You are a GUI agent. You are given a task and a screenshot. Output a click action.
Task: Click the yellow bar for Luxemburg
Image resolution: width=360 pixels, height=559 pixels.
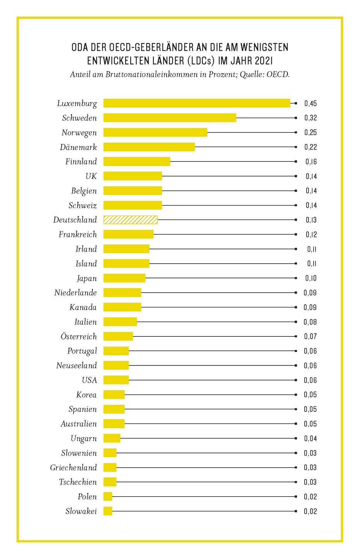click(197, 103)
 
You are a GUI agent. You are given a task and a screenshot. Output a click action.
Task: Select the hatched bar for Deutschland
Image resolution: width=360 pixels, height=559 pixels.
click(130, 220)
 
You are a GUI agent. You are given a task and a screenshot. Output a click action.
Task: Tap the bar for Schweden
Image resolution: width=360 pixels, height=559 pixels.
click(170, 118)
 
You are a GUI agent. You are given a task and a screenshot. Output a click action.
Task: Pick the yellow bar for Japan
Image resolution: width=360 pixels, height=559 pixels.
click(124, 278)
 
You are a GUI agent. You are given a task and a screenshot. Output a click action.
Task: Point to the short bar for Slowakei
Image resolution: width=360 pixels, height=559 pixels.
click(108, 511)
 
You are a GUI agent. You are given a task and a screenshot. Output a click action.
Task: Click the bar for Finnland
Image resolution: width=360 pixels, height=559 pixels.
click(137, 161)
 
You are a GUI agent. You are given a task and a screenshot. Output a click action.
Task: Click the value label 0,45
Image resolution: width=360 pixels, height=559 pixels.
click(310, 103)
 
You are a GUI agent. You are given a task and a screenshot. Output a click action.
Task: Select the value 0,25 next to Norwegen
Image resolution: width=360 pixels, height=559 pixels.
click(310, 132)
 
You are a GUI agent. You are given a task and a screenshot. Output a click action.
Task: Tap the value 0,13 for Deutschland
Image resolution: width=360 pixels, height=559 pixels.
click(311, 220)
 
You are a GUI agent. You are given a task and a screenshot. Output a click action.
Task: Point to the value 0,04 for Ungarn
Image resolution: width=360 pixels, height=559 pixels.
click(310, 439)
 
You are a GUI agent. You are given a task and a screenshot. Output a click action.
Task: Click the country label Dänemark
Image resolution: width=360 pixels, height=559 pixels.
click(78, 147)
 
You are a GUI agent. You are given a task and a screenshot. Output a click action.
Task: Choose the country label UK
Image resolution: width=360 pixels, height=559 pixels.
click(91, 176)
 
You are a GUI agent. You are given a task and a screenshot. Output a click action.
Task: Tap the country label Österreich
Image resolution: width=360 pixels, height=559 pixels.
click(79, 336)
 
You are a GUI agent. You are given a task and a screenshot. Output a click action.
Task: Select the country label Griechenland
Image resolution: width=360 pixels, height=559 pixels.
click(73, 468)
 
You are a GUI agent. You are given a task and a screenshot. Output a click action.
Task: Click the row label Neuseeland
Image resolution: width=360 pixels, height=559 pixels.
click(76, 365)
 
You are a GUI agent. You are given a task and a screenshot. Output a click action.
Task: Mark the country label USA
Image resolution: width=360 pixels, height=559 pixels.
click(89, 380)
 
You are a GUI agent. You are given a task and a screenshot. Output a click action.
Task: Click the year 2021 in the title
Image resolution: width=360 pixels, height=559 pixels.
click(262, 61)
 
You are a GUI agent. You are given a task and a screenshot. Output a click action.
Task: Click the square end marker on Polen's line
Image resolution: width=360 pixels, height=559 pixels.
click(296, 497)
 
